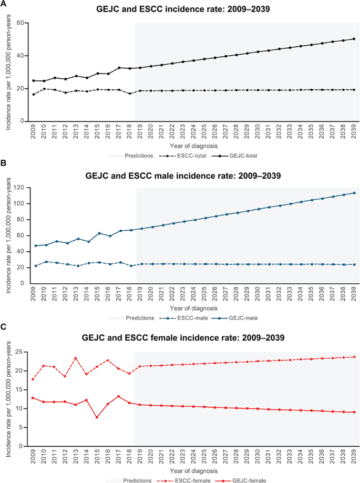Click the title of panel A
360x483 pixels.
coord(183,9)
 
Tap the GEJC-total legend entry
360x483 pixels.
coord(235,156)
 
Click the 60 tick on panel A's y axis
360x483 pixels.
coord(21,23)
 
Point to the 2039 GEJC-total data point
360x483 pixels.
coord(354,39)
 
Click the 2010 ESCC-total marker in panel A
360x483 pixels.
coord(44,89)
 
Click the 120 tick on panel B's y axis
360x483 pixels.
coord(20,188)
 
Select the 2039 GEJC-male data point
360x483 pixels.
coord(354,193)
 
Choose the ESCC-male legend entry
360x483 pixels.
coord(184,318)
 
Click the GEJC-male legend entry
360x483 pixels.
coord(235,318)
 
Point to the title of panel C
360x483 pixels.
coord(183,337)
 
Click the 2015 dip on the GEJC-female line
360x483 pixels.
coord(97,417)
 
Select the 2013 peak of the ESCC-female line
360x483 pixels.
coord(76,358)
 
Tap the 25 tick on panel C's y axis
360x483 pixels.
coord(21,352)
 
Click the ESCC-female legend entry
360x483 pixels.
coord(184,480)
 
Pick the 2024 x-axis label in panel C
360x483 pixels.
coord(193,454)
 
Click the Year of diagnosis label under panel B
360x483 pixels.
coord(194,308)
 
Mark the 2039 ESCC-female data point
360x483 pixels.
coord(354,357)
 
